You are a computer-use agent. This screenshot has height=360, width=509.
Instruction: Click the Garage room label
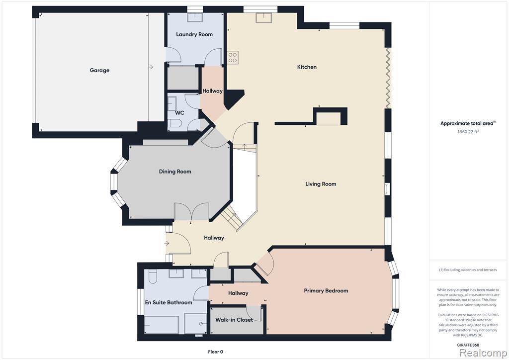(x=99, y=70)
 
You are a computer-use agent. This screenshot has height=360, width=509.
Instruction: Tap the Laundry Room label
(x=194, y=34)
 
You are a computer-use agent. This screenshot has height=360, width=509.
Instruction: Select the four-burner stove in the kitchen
(x=233, y=58)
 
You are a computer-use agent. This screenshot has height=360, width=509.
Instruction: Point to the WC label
(x=179, y=113)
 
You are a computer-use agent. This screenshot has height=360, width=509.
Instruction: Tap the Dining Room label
(x=175, y=172)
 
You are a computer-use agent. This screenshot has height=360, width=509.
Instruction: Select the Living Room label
(x=321, y=184)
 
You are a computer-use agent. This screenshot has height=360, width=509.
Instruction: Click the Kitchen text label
(x=307, y=67)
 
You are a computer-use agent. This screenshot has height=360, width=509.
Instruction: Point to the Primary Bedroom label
(x=326, y=290)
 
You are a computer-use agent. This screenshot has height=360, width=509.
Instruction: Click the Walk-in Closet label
(x=234, y=320)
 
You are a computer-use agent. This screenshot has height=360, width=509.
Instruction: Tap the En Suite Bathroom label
(x=169, y=302)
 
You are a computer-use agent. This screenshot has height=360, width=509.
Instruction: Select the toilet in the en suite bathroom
(x=153, y=276)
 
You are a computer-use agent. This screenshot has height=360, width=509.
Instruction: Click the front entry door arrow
(x=167, y=243)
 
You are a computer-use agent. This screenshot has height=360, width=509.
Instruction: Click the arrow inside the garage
(x=151, y=67)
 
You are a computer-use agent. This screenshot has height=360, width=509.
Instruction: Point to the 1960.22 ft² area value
(x=468, y=132)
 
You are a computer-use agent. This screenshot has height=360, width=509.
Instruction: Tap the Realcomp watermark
(x=483, y=353)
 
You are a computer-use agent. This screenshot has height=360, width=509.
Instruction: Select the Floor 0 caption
(x=216, y=352)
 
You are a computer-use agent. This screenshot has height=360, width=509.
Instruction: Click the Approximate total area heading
(x=468, y=123)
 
